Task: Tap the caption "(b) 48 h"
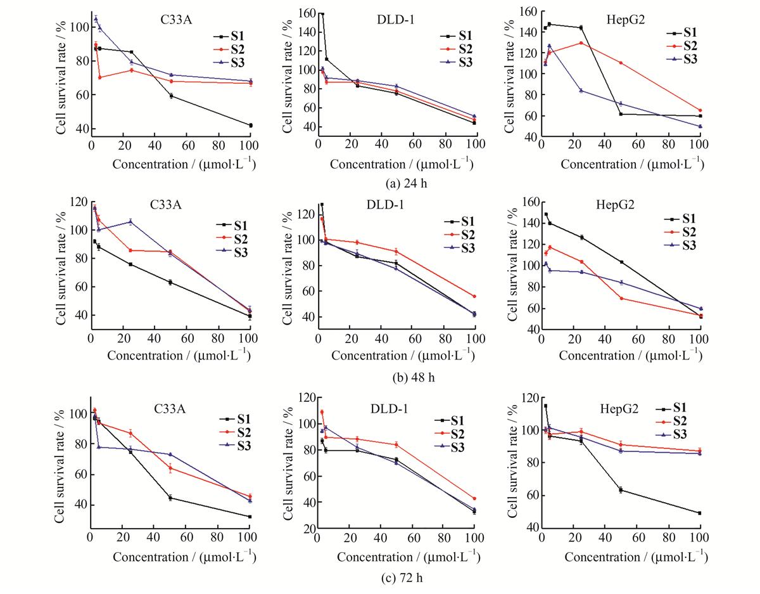tap(414, 377)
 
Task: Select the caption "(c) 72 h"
tap(402, 578)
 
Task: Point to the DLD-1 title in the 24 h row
tap(396, 20)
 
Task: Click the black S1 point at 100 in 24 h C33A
tap(251, 126)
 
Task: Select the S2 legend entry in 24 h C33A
tap(229, 49)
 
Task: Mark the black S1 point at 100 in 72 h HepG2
tap(699, 513)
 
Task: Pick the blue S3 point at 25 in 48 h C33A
tap(130, 222)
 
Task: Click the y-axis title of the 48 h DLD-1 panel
tap(287, 267)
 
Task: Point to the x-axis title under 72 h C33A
tap(184, 557)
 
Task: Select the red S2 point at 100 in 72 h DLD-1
tap(474, 498)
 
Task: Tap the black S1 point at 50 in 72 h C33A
tap(170, 498)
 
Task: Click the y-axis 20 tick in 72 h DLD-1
tap(310, 528)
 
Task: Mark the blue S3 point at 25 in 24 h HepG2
tap(581, 91)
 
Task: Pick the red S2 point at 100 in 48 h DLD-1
tap(474, 297)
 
